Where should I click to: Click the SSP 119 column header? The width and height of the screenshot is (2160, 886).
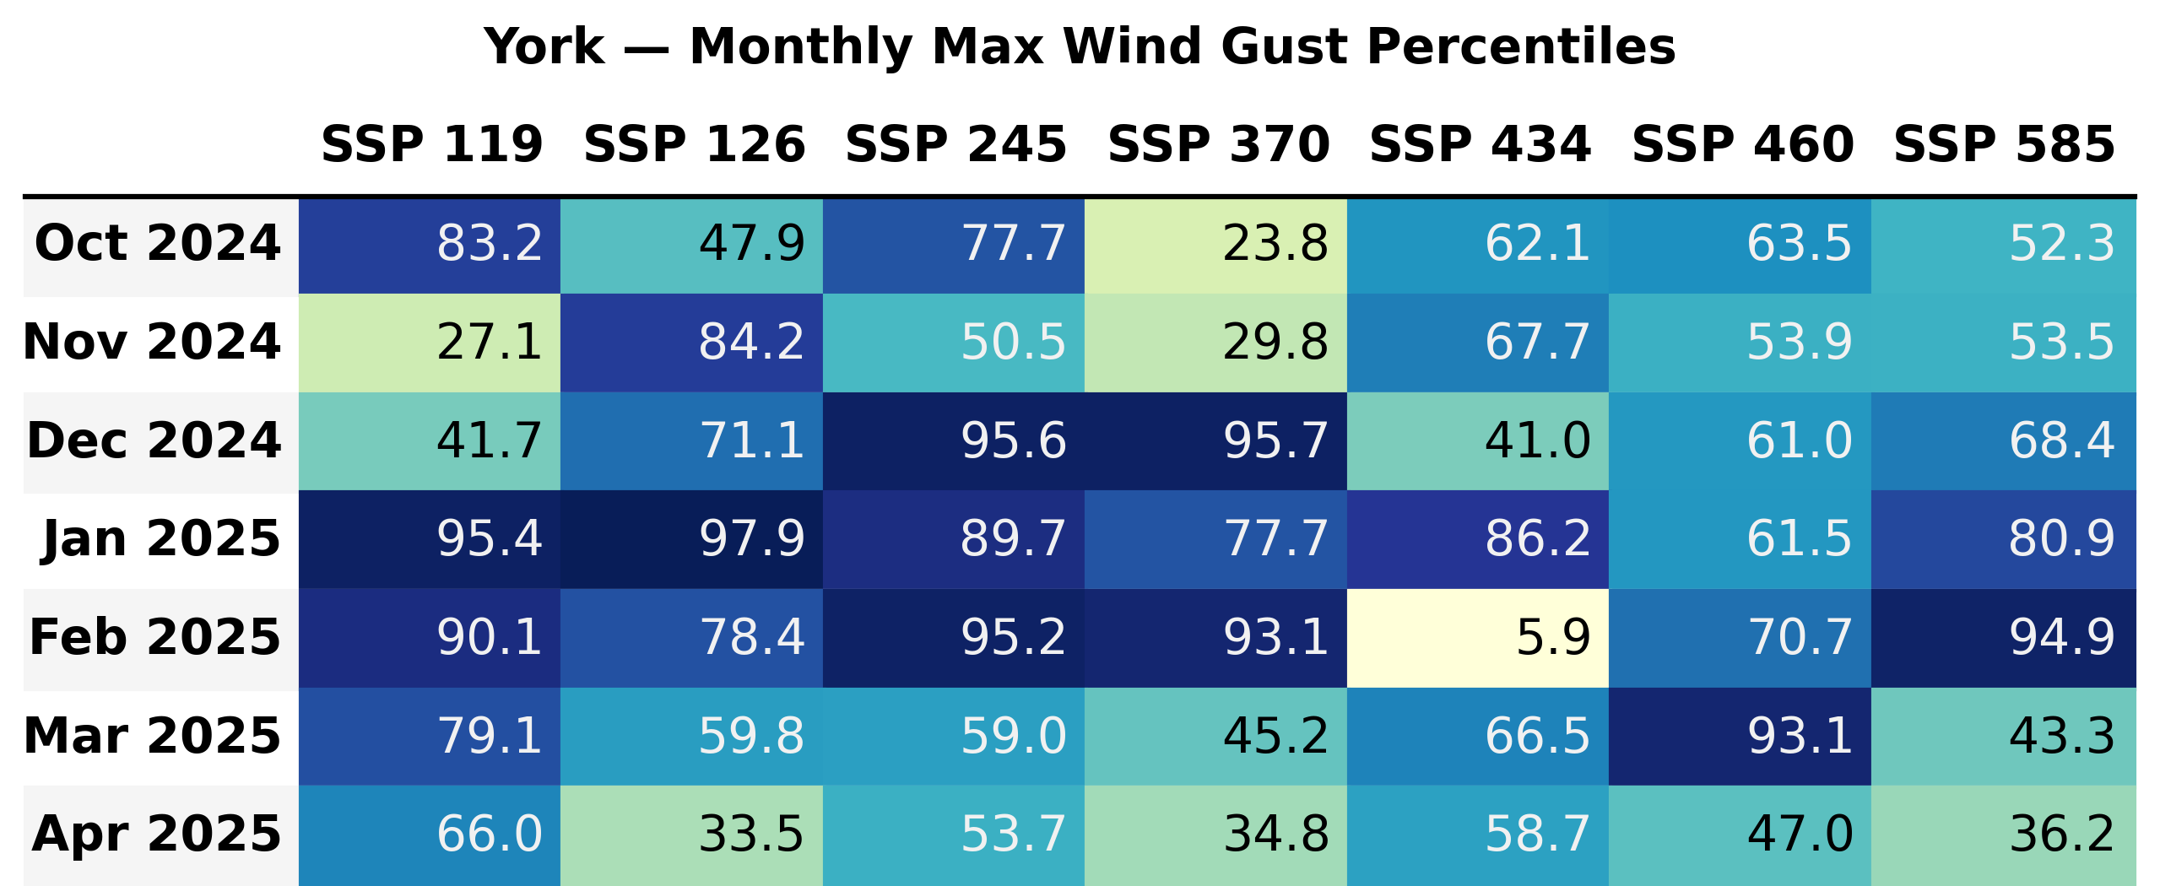431,144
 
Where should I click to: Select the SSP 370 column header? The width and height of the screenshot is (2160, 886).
1218,144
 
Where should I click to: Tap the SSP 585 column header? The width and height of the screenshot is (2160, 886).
2004,144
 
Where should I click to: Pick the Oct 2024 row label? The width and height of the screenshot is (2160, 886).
158,244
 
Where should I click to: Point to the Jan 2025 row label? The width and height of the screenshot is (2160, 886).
161,538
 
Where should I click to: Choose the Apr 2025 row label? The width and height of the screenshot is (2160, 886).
157,834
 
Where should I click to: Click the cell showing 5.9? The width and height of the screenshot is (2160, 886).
1477,637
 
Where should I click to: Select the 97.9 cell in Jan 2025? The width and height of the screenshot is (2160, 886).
691,538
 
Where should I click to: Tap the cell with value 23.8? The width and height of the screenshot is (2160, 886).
1215,244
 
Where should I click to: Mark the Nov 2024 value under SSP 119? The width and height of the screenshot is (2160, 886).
430,342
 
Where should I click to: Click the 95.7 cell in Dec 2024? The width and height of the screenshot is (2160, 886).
1215,440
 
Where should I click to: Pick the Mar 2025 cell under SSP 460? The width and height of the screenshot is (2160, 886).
1740,736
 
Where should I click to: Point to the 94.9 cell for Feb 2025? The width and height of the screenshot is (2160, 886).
2003,637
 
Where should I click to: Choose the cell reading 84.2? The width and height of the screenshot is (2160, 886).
691,342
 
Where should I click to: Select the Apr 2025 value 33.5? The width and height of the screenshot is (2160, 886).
691,834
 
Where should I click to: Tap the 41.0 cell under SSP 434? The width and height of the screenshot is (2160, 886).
1477,440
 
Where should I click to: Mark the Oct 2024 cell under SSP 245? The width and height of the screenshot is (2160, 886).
954,244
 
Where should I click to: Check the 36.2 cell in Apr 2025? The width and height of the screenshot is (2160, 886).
2003,834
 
